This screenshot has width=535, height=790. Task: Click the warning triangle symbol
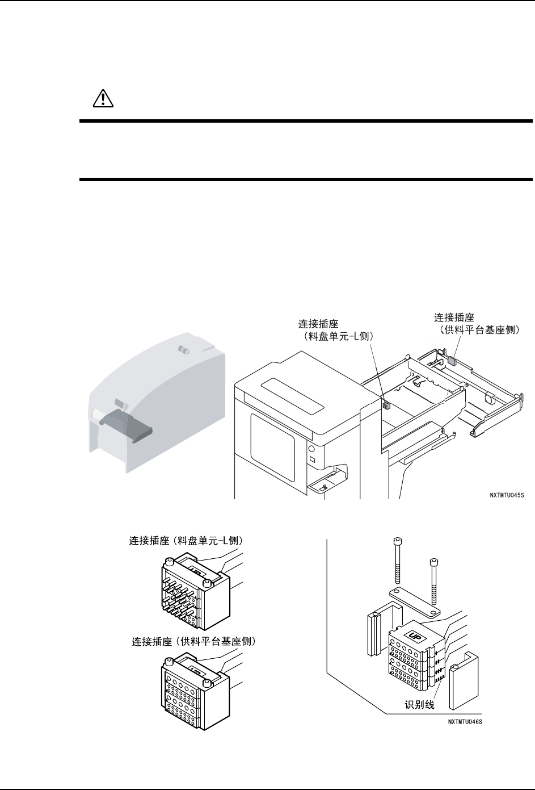pos(103,99)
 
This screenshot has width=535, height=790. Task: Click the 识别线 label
pos(420,705)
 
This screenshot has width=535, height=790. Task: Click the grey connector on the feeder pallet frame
pos(452,360)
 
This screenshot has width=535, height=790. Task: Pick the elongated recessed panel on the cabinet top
pos(292,398)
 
